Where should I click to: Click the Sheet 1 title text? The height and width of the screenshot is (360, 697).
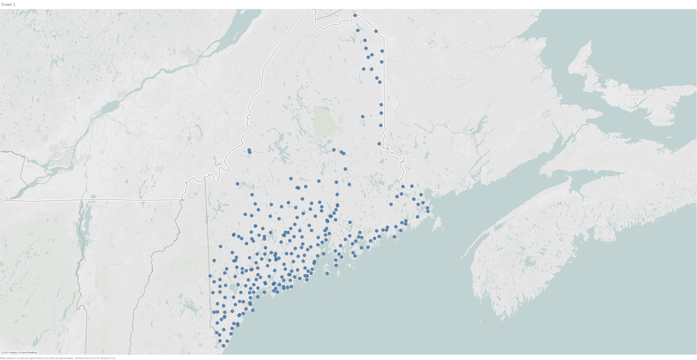(8, 4)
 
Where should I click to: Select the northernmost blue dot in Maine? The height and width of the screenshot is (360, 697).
(355, 15)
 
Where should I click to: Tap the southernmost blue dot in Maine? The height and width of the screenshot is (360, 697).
(223, 346)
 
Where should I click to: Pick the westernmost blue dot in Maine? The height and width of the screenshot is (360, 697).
(210, 276)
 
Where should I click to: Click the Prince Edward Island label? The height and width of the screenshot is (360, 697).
(631, 96)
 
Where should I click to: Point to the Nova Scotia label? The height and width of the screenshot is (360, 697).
(613, 200)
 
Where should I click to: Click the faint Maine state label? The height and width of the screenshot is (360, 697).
(303, 161)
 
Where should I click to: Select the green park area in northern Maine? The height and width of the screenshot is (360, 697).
(327, 121)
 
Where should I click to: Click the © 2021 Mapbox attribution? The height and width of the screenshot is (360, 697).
(10, 352)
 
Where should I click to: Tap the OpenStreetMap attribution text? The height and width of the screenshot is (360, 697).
(29, 352)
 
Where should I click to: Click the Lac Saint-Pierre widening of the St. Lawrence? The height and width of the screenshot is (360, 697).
(109, 107)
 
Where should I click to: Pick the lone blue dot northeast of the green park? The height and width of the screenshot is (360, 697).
(363, 117)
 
